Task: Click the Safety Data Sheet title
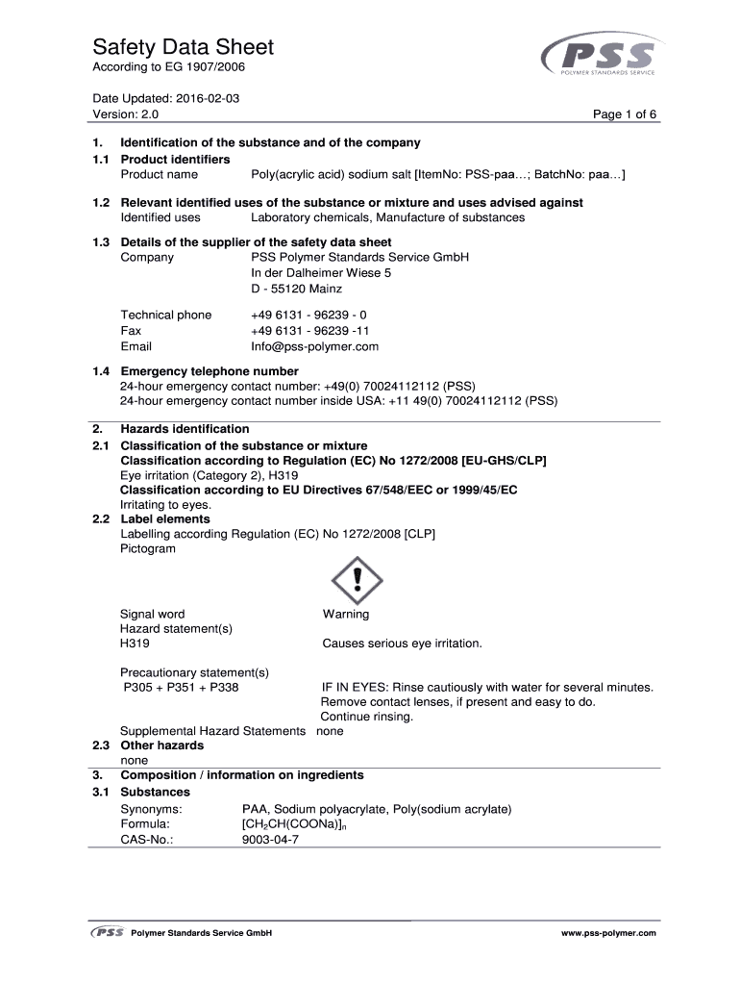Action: (x=183, y=47)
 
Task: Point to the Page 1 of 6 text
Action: (x=625, y=114)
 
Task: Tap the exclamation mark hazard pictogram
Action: (x=357, y=579)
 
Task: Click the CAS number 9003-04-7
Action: (x=271, y=839)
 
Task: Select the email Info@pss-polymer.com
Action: (x=315, y=346)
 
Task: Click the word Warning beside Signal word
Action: (x=346, y=614)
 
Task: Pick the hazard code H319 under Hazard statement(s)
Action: (x=135, y=644)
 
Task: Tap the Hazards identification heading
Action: (x=185, y=429)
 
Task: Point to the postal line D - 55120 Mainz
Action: (x=297, y=289)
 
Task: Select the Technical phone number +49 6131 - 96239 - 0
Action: (x=308, y=315)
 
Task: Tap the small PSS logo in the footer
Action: (x=107, y=933)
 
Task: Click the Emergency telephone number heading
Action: (x=210, y=371)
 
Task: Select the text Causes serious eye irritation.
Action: (x=403, y=644)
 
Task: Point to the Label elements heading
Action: (x=165, y=519)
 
